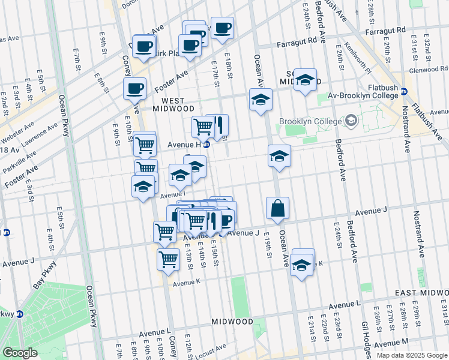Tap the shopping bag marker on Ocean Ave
278,209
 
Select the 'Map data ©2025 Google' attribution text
412,355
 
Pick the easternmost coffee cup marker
222,28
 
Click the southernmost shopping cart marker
169,260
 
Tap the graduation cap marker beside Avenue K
303,265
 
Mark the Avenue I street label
172,194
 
